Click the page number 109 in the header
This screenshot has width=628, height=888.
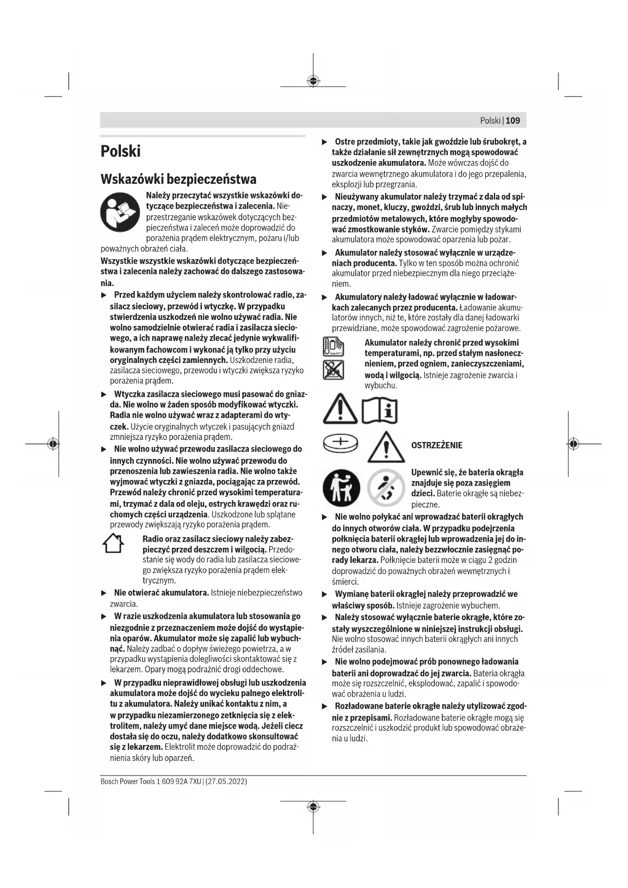click(x=513, y=120)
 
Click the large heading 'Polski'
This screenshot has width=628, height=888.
click(x=120, y=151)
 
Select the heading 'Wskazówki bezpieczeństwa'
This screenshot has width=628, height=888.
click(x=178, y=179)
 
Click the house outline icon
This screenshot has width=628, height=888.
click(x=113, y=544)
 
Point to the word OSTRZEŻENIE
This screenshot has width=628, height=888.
click(x=436, y=446)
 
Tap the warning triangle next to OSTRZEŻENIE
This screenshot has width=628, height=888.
click(x=386, y=447)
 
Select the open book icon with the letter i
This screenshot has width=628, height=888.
click(x=380, y=410)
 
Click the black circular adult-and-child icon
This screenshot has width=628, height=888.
click(x=341, y=488)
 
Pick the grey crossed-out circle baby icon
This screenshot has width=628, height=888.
click(x=386, y=488)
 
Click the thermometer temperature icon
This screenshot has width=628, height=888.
click(x=333, y=347)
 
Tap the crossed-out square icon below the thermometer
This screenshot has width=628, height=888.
click(x=333, y=370)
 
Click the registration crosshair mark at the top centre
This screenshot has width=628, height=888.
click(x=313, y=81)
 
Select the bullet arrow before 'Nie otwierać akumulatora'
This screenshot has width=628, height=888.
click(x=104, y=593)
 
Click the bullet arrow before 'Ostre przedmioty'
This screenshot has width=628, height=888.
click(x=325, y=142)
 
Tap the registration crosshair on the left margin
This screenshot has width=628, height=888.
click(x=53, y=444)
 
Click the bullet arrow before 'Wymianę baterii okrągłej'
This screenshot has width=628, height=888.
click(x=325, y=594)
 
